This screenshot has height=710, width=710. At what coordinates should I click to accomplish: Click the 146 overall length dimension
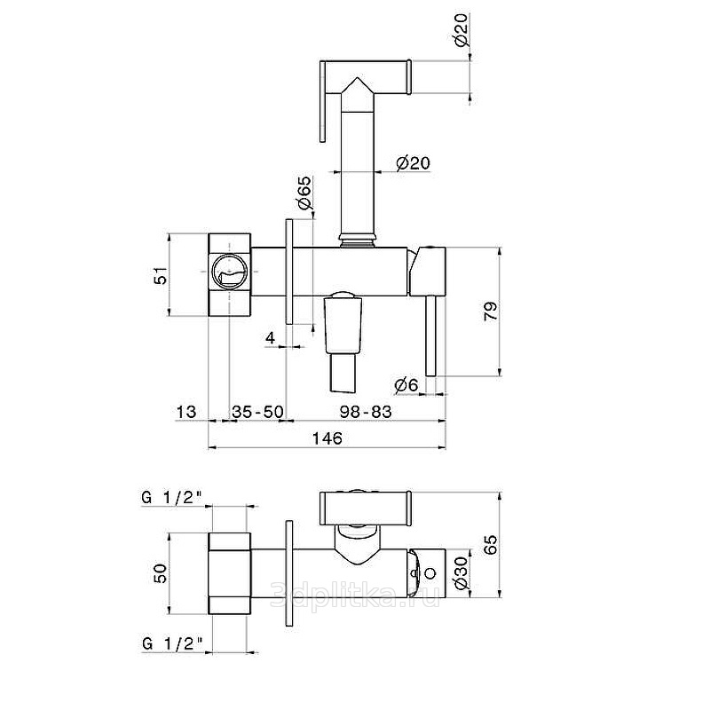point(327,438)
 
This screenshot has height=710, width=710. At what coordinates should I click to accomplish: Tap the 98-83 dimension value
point(366,412)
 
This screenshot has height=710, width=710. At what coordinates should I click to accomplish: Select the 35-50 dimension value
point(257,412)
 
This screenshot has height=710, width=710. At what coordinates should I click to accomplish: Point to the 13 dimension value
point(186,412)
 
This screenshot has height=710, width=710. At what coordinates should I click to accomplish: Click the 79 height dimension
point(491,311)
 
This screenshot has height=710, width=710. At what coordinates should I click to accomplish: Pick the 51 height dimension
point(161,275)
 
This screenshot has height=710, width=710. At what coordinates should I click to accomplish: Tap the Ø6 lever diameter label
point(406,385)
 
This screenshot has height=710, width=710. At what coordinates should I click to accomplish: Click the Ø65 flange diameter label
point(304,193)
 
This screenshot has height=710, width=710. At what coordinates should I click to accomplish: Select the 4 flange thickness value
point(271,337)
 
